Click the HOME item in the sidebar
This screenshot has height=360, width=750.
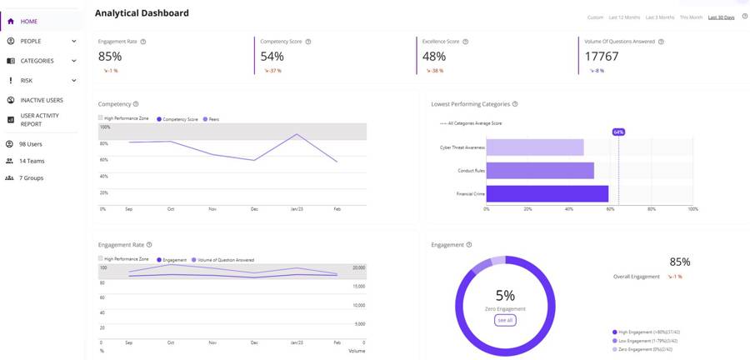coord(28,21)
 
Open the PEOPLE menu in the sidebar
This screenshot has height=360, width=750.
coord(31,41)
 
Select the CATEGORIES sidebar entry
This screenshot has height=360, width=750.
coord(37,61)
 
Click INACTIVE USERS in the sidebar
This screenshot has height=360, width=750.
coord(42,100)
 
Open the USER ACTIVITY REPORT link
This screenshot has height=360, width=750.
coord(39,120)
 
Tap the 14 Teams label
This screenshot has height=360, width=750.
coord(32,161)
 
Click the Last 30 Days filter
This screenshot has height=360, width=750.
coord(721,17)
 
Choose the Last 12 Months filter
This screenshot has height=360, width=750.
coord(624,17)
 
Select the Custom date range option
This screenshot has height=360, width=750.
coord(595,17)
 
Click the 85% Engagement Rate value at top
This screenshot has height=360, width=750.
coord(110,57)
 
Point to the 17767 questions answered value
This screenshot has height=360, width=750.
coord(601,57)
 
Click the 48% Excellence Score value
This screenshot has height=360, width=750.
coord(434,57)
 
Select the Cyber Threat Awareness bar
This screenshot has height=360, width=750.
coord(534,147)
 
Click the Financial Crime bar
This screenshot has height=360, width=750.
coord(547,193)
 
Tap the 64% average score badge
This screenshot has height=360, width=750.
coord(618,132)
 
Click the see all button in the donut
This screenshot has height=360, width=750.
coord(505,320)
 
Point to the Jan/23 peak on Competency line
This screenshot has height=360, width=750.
coord(296,134)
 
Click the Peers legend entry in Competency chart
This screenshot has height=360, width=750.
coord(212,119)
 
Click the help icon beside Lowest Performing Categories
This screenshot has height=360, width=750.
coord(515,104)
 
